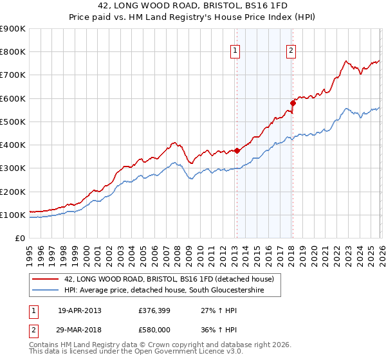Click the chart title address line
click(192, 6)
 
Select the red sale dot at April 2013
click(237, 150)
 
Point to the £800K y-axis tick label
click(13, 52)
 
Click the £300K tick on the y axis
click(13, 168)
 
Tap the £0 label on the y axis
click(19, 239)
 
